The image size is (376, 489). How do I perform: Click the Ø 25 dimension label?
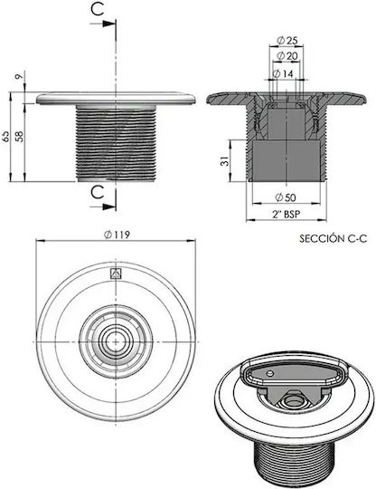pyautogui.click(x=287, y=40)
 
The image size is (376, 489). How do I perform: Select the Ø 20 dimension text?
pyautogui.click(x=287, y=56)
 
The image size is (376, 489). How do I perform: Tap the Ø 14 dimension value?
pyautogui.click(x=283, y=73)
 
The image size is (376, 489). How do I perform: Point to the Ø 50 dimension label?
pyautogui.click(x=286, y=197)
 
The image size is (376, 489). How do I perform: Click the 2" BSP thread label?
pyautogui.click(x=286, y=215)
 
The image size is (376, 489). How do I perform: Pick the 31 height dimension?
pyautogui.click(x=225, y=161)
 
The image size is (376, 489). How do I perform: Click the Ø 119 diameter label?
pyautogui.click(x=117, y=235)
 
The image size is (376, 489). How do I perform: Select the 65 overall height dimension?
pyautogui.click(x=6, y=136)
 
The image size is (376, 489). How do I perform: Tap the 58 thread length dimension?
pyautogui.click(x=20, y=137)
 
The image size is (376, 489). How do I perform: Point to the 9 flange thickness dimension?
pyautogui.click(x=19, y=76)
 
